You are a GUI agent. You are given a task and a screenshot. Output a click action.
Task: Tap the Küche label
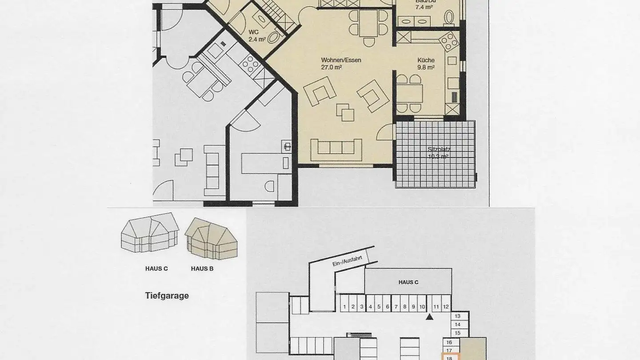click(425, 60)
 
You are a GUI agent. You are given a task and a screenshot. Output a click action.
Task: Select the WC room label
click(253, 32)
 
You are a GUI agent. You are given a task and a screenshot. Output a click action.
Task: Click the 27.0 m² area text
click(331, 68)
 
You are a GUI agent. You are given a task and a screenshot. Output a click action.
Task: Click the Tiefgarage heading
click(167, 296)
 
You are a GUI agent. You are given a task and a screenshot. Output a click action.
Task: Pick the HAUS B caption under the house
click(202, 268)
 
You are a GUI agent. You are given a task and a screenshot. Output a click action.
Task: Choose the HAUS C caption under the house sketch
click(156, 268)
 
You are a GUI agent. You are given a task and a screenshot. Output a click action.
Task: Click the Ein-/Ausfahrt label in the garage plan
click(345, 259)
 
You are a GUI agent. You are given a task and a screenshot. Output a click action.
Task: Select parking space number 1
click(344, 307)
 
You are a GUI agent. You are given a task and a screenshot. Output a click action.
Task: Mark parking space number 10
click(422, 307)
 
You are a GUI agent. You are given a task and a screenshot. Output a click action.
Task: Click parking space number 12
click(446, 307)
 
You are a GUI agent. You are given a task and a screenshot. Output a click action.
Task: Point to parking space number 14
click(458, 324)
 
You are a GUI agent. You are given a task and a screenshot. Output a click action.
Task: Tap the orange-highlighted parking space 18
click(449, 357)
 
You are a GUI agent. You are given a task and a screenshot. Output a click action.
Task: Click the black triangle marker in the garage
click(429, 317)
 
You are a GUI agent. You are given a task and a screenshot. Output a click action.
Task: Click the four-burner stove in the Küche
click(448, 42)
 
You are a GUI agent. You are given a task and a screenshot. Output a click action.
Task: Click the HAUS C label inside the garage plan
click(408, 282)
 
